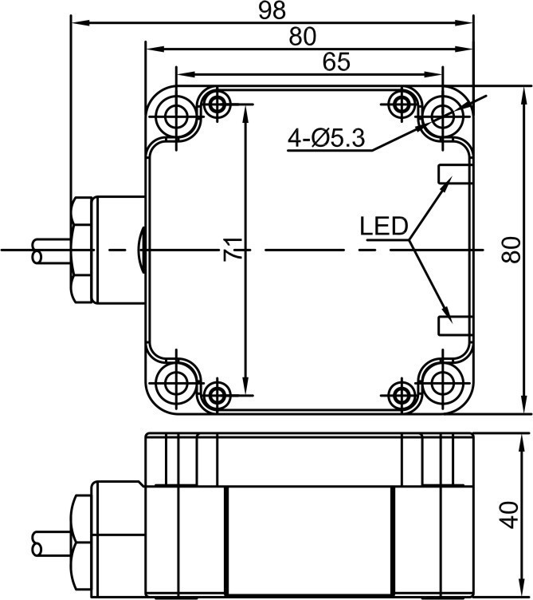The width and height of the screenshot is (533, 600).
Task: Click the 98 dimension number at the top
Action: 272,10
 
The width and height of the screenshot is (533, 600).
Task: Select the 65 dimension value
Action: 336,61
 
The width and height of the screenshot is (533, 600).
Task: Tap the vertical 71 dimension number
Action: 233,250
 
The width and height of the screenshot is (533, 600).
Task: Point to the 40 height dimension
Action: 510,515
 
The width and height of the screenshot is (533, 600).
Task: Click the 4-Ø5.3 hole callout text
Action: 327,138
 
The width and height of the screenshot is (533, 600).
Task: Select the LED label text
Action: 383,226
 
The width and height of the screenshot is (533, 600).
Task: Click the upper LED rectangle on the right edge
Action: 454,174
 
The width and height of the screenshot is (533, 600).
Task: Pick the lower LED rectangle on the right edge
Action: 454,326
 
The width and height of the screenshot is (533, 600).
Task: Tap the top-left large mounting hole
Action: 176,116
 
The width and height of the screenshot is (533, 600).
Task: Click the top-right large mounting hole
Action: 443,116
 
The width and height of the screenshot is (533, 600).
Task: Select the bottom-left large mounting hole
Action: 176,383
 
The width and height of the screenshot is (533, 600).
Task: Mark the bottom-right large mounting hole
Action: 443,383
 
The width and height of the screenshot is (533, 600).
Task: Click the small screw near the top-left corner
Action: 217,104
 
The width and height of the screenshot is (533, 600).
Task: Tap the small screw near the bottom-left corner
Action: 217,395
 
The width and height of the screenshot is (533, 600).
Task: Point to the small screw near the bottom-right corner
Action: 402,395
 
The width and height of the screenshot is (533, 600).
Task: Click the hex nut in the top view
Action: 81,250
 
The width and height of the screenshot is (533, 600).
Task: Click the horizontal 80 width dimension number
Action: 302,37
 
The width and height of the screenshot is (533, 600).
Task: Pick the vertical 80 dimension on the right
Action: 511,250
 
